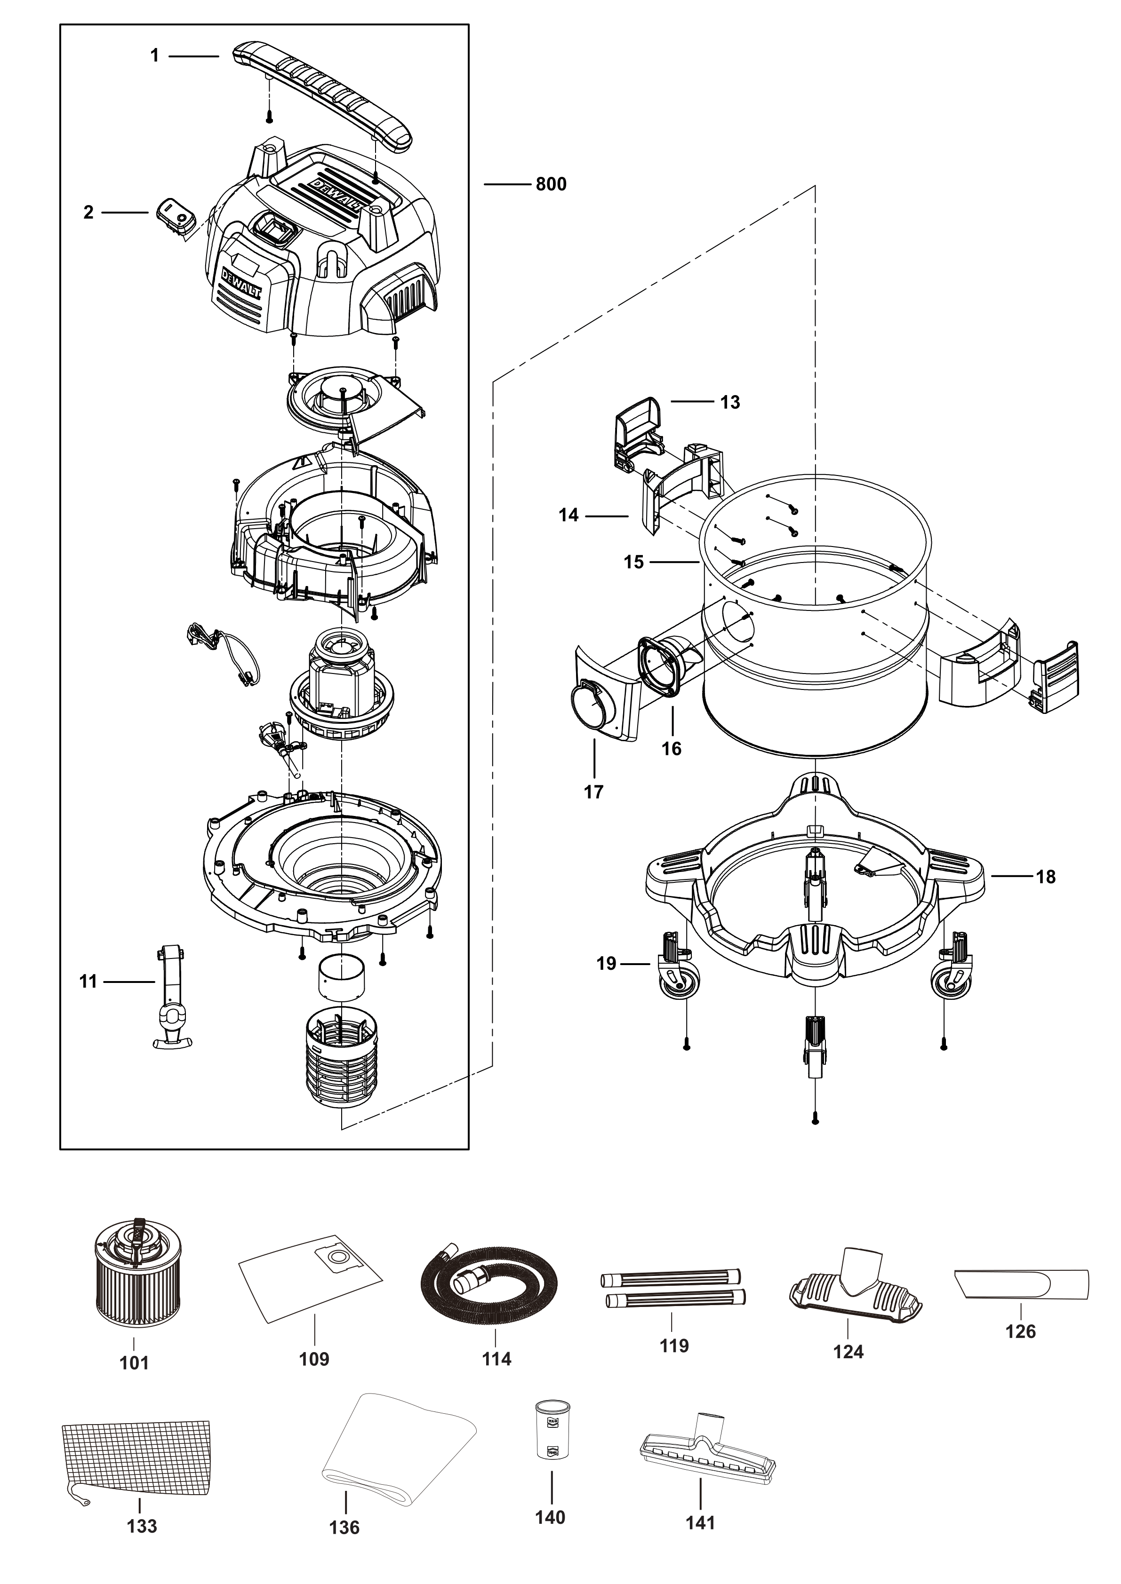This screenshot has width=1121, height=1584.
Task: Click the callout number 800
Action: pos(551,184)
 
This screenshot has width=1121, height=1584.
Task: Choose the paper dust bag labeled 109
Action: pos(311,1278)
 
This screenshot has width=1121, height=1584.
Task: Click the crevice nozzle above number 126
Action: pos(1021,1284)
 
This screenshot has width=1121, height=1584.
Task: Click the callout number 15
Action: pos(633,562)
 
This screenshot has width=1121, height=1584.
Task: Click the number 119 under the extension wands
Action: pos(674,1345)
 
